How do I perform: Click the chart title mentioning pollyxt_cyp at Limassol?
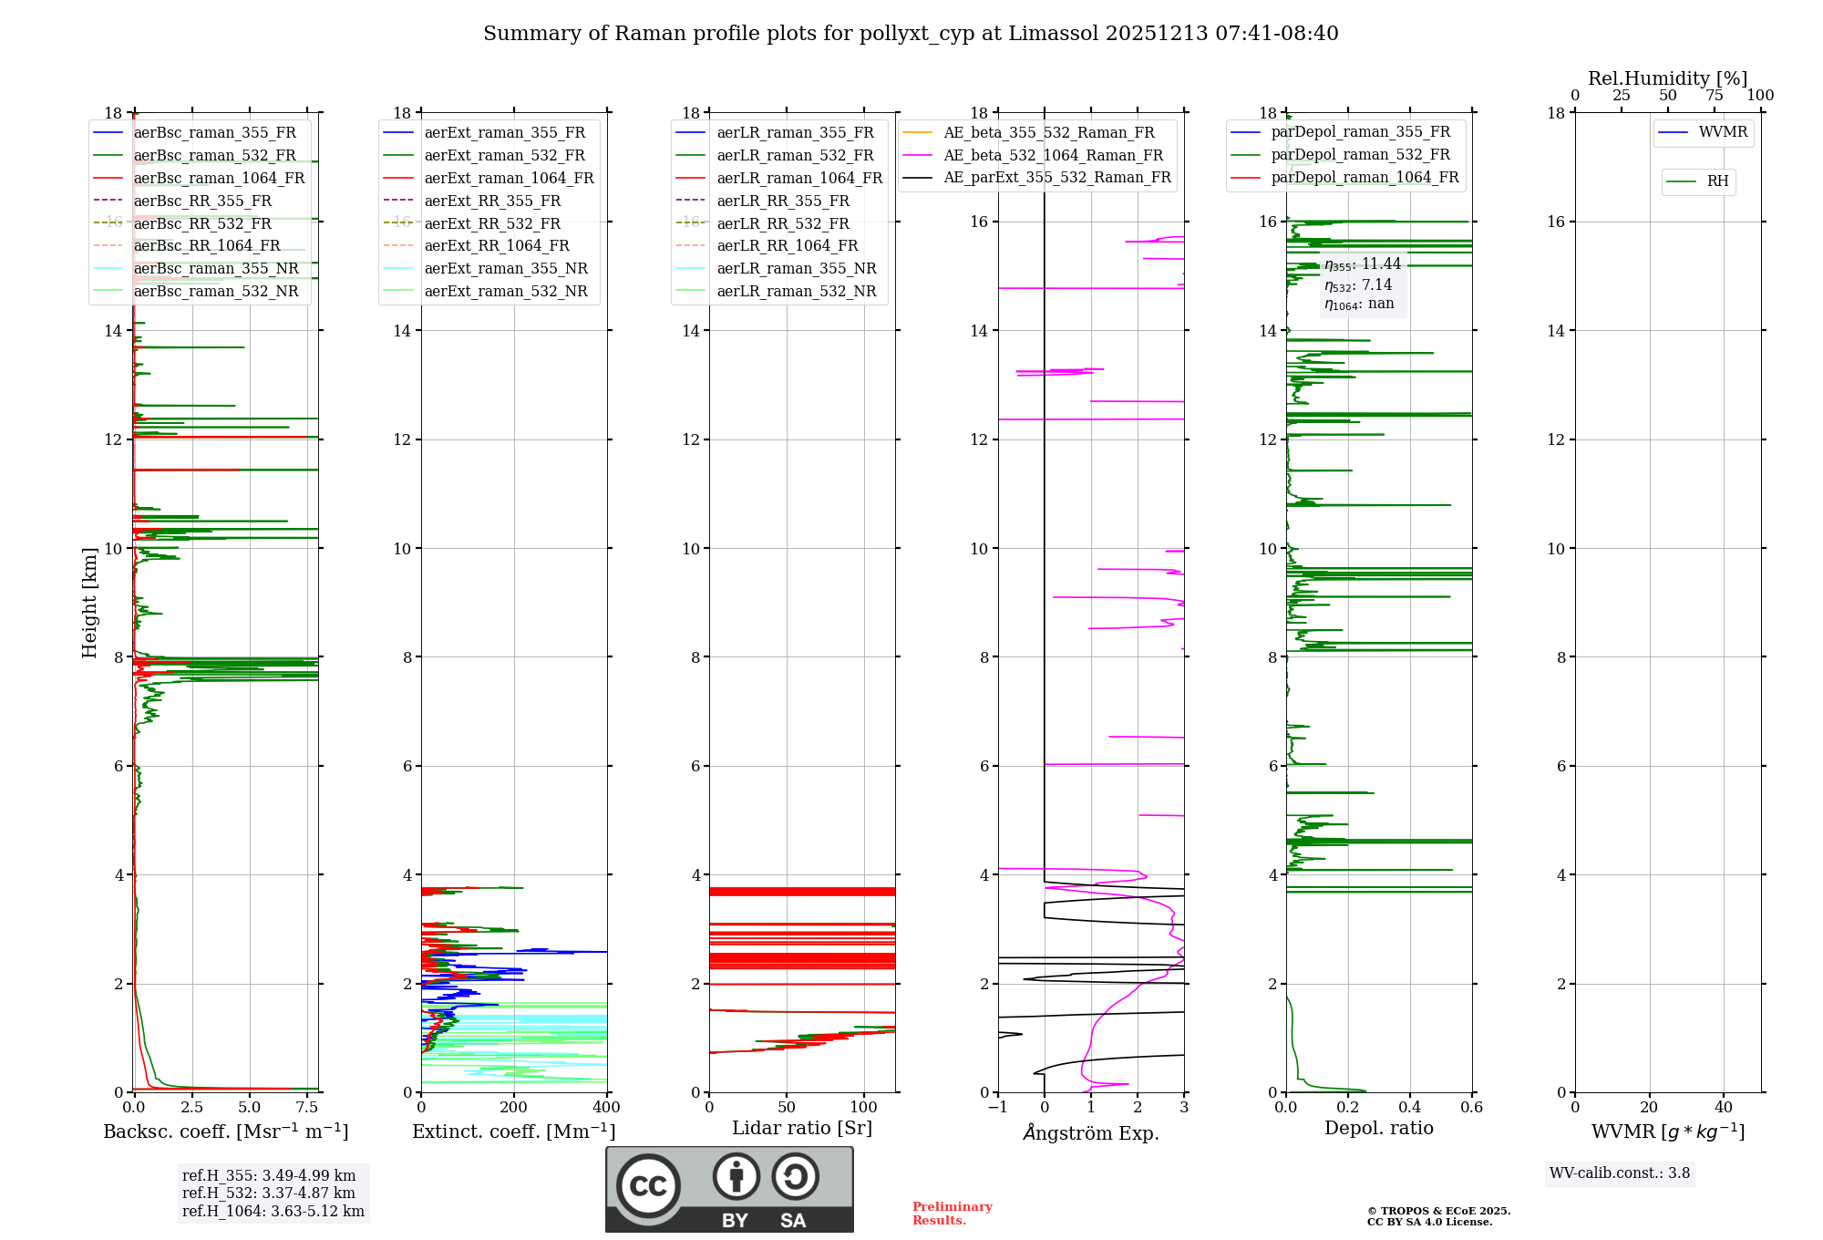911,34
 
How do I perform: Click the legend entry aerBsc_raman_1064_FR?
219,179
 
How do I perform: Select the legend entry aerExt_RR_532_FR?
492,224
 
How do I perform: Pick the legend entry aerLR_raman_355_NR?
796,269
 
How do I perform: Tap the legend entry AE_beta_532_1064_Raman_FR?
1053,156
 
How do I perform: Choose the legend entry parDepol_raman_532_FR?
1360,155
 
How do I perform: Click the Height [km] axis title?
89,602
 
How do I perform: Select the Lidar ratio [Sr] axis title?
802,1129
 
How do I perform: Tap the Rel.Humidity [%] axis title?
1667,79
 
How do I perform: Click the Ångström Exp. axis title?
1091,1133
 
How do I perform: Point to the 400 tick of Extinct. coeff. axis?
606,1108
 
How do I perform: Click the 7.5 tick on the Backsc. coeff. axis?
307,1108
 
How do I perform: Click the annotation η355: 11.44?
1363,264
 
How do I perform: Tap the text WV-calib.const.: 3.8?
1620,1173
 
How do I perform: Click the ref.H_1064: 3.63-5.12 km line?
273,1212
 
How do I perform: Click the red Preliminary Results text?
952,1214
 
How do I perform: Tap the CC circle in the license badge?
648,1186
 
